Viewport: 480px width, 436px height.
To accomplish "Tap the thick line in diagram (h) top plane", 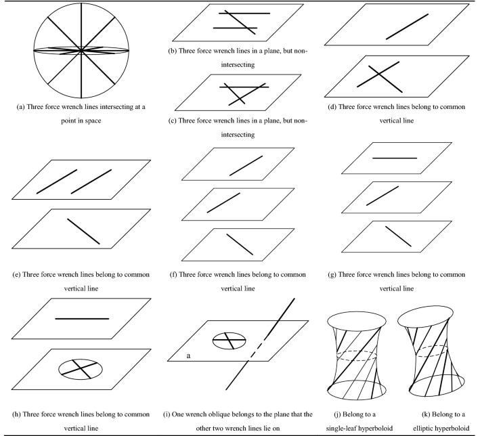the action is [x=81, y=318].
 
